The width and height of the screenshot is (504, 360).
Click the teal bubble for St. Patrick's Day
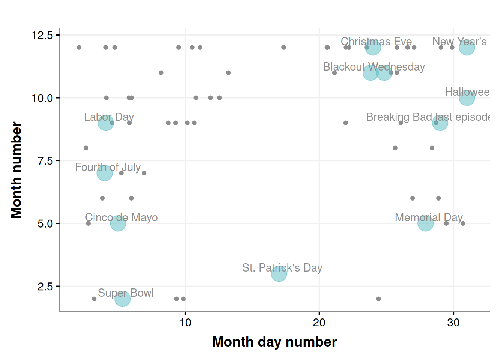click(x=279, y=273)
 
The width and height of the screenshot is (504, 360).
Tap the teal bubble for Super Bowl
click(x=122, y=298)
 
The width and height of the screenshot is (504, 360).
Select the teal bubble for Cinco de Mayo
click(x=118, y=223)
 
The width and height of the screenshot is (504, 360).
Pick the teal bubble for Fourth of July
click(x=104, y=173)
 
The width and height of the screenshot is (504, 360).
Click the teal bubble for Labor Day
click(x=105, y=123)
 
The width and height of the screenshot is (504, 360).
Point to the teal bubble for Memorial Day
click(x=425, y=223)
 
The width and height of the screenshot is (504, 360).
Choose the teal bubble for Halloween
click(x=467, y=98)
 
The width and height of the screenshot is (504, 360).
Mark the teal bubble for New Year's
click(x=467, y=48)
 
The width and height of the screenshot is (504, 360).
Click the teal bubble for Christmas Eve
click(x=373, y=48)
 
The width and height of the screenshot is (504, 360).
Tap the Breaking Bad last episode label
click(x=428, y=117)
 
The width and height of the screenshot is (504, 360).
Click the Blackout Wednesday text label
click(x=374, y=67)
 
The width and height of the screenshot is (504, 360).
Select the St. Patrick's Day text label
click(x=282, y=268)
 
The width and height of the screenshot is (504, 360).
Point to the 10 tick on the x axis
click(x=185, y=322)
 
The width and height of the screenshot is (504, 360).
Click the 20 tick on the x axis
click(x=319, y=322)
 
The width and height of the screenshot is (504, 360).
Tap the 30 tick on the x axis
click(x=453, y=322)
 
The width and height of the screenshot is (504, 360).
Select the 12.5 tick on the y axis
click(x=42, y=35)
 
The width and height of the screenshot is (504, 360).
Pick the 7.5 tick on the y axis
click(x=45, y=161)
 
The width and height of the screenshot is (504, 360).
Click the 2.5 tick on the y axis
click(x=45, y=286)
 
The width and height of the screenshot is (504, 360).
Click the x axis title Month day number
click(x=274, y=342)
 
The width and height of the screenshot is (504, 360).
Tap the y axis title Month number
click(x=16, y=170)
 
